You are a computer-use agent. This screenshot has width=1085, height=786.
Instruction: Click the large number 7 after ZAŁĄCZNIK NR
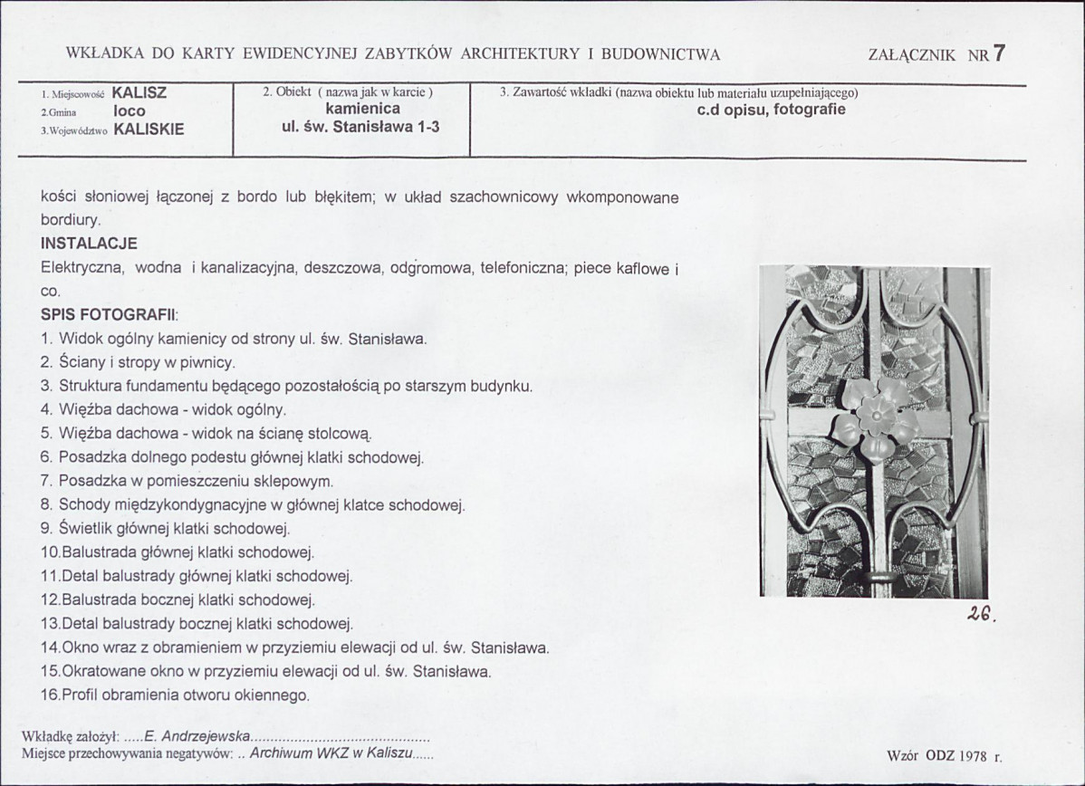click(x=999, y=53)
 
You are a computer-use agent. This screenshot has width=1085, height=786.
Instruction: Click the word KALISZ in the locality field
click(x=139, y=92)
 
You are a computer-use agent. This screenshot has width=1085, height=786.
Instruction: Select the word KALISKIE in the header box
click(x=149, y=129)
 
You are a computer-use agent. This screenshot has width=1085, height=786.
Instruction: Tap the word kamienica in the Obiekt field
click(x=362, y=109)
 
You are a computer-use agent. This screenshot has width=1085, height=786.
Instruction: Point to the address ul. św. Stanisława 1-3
click(x=361, y=127)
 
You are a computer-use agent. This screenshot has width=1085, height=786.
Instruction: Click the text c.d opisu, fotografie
click(x=771, y=110)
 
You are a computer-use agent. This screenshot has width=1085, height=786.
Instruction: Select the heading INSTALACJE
click(x=89, y=244)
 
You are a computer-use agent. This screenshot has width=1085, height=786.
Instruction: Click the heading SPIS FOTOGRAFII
click(x=110, y=315)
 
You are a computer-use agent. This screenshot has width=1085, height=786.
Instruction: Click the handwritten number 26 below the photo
click(x=979, y=613)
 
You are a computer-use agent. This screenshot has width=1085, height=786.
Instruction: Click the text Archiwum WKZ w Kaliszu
click(x=332, y=753)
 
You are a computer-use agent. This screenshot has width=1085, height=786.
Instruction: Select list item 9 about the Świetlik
click(x=166, y=528)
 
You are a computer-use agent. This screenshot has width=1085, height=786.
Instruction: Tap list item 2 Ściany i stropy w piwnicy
click(x=139, y=362)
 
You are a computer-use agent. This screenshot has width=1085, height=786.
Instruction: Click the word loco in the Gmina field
click(x=130, y=111)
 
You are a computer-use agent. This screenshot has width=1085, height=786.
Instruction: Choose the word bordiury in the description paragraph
click(x=71, y=220)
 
